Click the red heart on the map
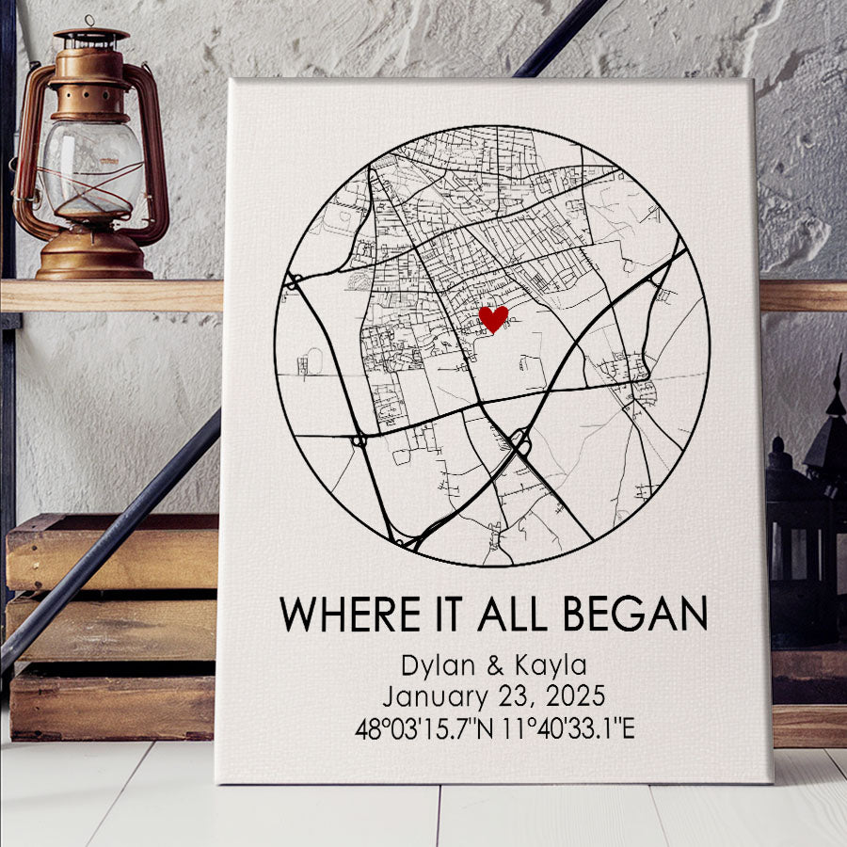point(493,318)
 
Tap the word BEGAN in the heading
point(635,615)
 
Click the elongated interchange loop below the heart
point(519,441)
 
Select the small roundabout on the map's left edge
point(294,280)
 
